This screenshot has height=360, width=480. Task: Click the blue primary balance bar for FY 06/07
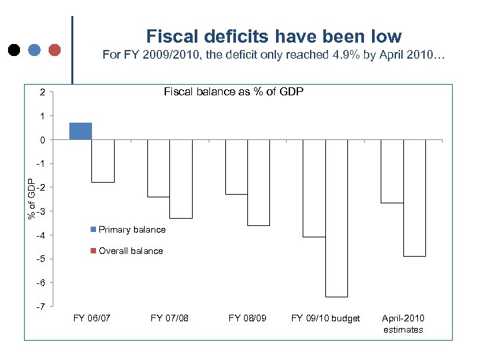[x=81, y=131]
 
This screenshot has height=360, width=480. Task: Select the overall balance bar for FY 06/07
[x=103, y=161]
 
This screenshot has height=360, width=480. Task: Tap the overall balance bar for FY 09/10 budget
[x=336, y=218]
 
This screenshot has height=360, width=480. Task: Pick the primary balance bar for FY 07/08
[x=158, y=168]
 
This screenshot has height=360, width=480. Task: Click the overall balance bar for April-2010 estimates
[x=414, y=198]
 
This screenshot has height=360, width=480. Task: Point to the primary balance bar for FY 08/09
[x=236, y=167]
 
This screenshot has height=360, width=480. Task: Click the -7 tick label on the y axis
[x=41, y=307]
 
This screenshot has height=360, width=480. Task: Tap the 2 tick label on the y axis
[x=43, y=92]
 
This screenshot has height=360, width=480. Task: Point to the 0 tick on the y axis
[x=43, y=140]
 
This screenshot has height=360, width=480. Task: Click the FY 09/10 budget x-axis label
[x=325, y=319]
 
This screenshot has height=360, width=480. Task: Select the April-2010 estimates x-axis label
[x=403, y=324]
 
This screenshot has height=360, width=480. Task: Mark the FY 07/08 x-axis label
[x=169, y=319]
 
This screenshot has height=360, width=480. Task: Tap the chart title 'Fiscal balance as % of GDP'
[x=233, y=91]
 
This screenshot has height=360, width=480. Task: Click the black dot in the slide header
[x=13, y=49]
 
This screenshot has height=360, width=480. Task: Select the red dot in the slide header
[x=55, y=49]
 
